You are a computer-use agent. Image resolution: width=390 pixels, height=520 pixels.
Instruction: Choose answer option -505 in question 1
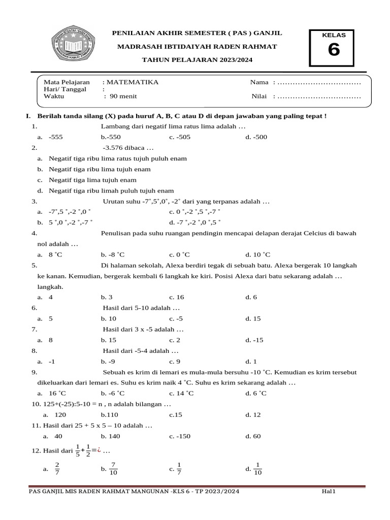180,137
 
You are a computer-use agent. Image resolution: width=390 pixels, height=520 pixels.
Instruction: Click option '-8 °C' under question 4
113,254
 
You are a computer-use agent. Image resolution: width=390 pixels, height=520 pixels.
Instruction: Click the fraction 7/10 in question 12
113,469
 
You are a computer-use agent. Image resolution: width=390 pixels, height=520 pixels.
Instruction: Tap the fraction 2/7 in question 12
57,469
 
